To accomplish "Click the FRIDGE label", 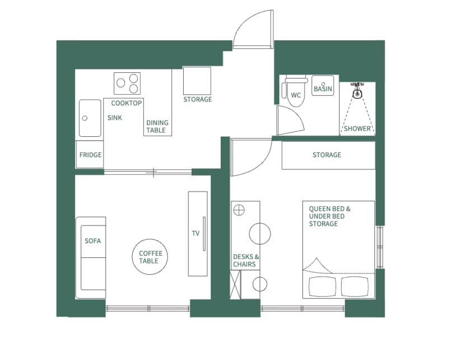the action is pyautogui.click(x=90, y=155).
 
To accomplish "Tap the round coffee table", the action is pyautogui.click(x=150, y=257).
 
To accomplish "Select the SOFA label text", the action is pyautogui.click(x=92, y=241).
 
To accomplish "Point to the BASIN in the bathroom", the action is pyautogui.click(x=323, y=86).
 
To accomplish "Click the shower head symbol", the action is pyautogui.click(x=357, y=91).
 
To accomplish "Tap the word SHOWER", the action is pyautogui.click(x=357, y=128).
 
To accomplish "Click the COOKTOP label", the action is pyautogui.click(x=127, y=103).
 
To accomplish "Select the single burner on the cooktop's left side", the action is pyautogui.click(x=121, y=83).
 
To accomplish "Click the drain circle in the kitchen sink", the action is pyautogui.click(x=85, y=118).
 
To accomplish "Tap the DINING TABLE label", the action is pyautogui.click(x=157, y=127).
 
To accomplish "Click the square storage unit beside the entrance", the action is pyautogui.click(x=197, y=81).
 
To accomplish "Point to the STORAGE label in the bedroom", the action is pyautogui.click(x=327, y=155).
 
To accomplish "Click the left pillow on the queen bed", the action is pyautogui.click(x=322, y=287).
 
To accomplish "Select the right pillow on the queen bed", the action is pyautogui.click(x=355, y=287).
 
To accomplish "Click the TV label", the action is pyautogui.click(x=195, y=233).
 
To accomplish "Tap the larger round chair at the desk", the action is pyautogui.click(x=260, y=233).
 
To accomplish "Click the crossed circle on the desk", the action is pyautogui.click(x=239, y=210).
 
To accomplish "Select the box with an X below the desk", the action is pyautogui.click(x=235, y=285).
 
